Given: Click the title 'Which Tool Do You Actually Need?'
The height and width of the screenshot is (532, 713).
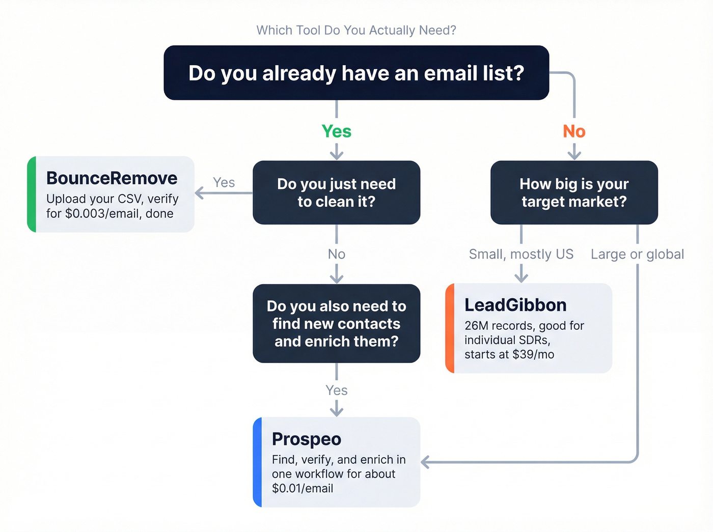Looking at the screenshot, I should pos(356,31).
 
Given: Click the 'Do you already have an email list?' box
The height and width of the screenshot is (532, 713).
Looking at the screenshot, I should pos(356,73).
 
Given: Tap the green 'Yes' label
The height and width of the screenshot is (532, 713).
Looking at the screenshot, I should pos(336,131).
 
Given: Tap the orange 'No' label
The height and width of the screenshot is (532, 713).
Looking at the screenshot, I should pos(574,131).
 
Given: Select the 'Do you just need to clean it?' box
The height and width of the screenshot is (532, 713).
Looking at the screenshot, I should pos(336,192).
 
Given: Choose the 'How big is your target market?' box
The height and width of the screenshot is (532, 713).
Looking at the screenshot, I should pos(574,192).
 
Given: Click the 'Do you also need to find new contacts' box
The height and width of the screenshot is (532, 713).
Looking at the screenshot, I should pos(336,323).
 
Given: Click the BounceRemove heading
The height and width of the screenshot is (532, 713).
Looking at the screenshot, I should pos(112,178).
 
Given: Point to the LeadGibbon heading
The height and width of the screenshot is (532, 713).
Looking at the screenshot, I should pos(515,305).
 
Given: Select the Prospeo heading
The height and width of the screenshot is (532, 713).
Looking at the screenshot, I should pos(306,439).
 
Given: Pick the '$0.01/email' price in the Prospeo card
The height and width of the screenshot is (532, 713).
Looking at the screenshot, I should pos(303,488).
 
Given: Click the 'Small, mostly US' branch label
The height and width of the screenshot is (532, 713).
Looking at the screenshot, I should pos(521,254).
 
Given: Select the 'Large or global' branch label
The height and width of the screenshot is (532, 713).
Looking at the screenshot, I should pos(637,254).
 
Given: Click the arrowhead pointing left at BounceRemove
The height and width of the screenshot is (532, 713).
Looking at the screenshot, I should pos(199,193).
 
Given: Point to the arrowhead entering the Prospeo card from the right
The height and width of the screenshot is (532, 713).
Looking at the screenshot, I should pos(425,462).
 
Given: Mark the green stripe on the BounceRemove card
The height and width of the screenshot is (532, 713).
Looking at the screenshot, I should pos(32,194).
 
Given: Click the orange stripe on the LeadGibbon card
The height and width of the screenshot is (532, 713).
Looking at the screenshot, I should pos(450,328).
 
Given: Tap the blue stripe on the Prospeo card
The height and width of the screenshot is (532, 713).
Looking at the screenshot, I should pos(257,462).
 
